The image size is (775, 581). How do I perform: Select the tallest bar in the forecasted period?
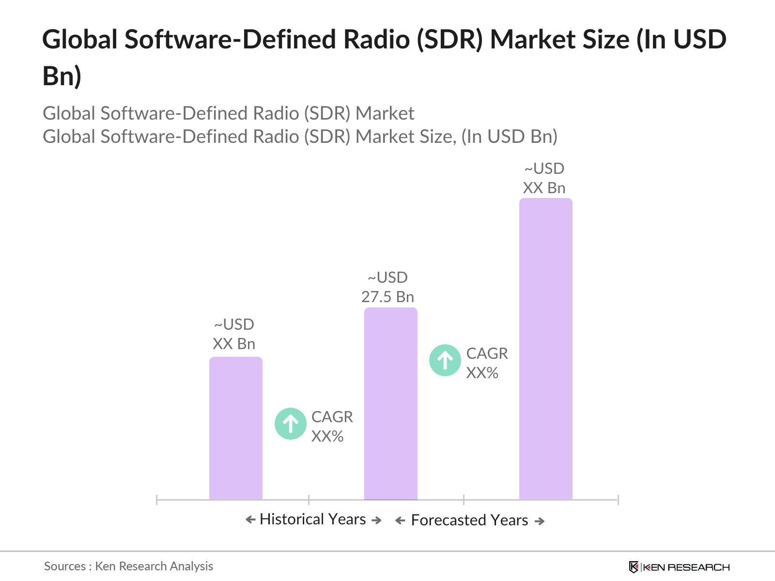point(545,349)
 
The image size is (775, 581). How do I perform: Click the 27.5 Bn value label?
point(387,297)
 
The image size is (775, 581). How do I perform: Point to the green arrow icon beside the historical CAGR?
point(291,424)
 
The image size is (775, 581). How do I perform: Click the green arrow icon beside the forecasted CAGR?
point(445,360)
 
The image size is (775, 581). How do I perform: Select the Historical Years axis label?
point(312,519)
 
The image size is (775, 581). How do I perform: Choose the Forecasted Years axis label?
point(469,520)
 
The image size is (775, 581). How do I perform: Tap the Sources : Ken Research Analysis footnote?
point(128,566)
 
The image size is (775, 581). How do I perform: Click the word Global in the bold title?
point(79,39)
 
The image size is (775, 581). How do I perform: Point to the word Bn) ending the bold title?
point(62,76)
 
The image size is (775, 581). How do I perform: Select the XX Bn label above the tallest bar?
point(544,188)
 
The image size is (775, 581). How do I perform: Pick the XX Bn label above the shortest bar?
point(234,344)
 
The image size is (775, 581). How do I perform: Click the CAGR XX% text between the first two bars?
point(332,426)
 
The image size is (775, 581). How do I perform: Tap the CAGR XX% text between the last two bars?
point(487,363)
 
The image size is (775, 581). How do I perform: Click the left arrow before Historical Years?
point(250,520)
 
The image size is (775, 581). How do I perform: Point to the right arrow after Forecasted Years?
point(540,521)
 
